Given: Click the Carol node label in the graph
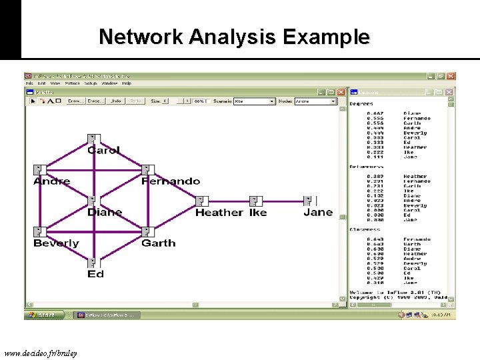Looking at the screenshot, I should [103, 151].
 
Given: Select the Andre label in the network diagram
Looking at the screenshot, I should [51, 181].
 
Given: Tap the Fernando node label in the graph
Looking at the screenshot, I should [171, 181].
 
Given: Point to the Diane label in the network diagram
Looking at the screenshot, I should [105, 213].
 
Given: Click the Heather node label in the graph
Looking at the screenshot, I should [219, 213].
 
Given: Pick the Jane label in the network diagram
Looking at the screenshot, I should [318, 213].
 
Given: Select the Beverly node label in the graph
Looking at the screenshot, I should [56, 243].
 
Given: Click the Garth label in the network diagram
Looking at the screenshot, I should [159, 243].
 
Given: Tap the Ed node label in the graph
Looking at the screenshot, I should [95, 274].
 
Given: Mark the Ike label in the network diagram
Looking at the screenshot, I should [258, 213].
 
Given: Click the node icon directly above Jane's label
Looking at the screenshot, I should [308, 200].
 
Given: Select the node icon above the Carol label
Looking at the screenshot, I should [93, 139].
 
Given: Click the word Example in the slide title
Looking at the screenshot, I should [326, 37].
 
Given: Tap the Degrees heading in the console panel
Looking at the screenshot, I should [361, 104].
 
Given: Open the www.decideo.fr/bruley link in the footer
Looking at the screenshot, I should [40, 353].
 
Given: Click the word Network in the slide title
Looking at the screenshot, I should [141, 37].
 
